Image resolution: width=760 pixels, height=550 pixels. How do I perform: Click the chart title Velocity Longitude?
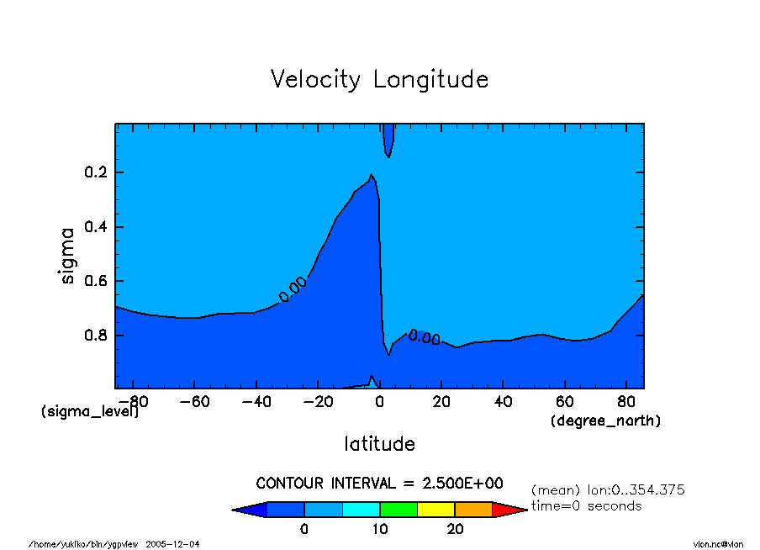click(x=379, y=79)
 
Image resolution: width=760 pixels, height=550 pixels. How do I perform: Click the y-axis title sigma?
click(x=69, y=255)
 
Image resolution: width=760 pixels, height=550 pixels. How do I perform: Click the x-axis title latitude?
click(x=379, y=443)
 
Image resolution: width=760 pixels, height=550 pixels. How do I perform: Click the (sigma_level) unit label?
click(x=90, y=412)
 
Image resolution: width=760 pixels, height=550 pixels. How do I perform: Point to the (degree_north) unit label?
click(x=605, y=420)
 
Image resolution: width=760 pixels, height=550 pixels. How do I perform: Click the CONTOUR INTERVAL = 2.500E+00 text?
click(x=379, y=483)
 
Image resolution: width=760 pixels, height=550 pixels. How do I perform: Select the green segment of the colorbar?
click(x=398, y=509)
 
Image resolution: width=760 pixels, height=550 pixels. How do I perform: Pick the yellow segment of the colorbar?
click(x=436, y=509)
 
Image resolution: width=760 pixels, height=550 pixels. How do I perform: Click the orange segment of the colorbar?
click(x=473, y=509)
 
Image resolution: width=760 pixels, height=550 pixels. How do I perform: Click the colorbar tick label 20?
click(x=455, y=529)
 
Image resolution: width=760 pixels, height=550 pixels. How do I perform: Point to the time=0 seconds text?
click(x=586, y=505)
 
